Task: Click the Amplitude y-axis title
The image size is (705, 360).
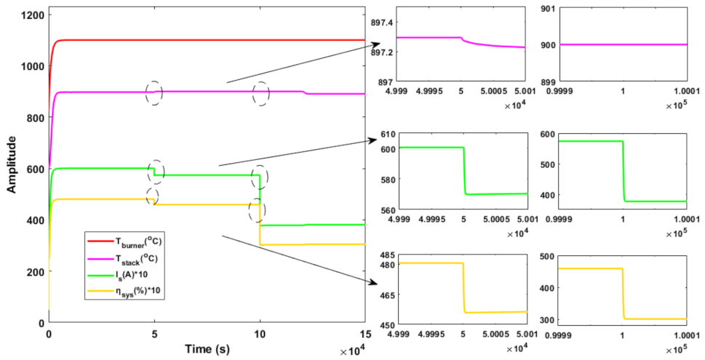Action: click(11, 167)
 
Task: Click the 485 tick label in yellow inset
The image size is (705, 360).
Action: click(384, 256)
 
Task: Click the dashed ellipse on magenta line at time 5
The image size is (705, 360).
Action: click(154, 93)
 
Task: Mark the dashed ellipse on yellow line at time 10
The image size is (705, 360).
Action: click(257, 209)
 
